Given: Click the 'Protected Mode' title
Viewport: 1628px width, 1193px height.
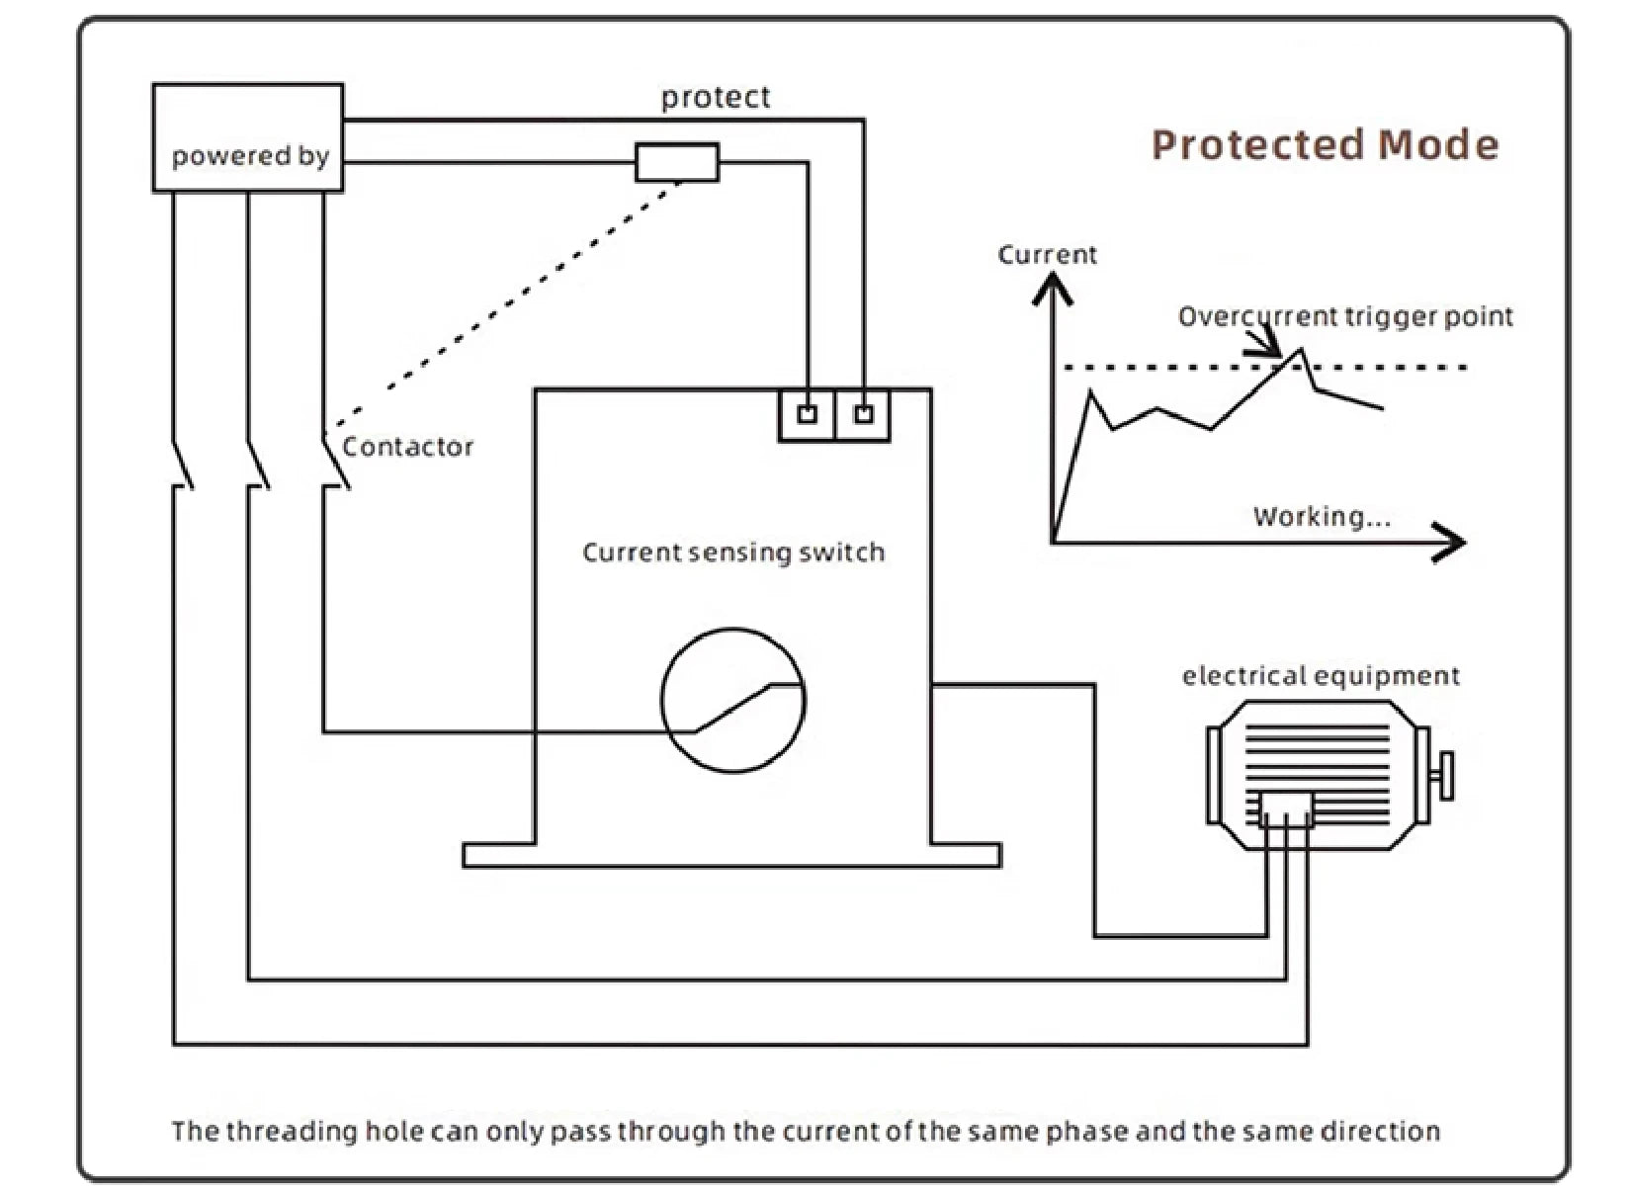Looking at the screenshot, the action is point(1325,144).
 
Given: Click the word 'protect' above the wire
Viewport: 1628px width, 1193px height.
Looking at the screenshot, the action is point(716,98).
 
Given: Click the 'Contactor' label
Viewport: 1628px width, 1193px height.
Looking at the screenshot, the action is point(407,447).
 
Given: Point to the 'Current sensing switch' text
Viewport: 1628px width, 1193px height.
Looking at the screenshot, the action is point(733,553).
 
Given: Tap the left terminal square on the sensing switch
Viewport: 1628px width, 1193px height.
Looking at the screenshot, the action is point(807,414).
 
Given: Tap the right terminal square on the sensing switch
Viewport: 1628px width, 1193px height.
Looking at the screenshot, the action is point(863,414).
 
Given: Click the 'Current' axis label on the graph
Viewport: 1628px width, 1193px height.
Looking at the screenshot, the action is point(1047,254).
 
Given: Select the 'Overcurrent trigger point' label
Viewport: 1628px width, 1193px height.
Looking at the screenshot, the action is point(1345,316).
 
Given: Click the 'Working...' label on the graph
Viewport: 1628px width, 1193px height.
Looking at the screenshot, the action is point(1322,516).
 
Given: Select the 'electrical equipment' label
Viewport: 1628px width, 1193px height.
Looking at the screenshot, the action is point(1321,676).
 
